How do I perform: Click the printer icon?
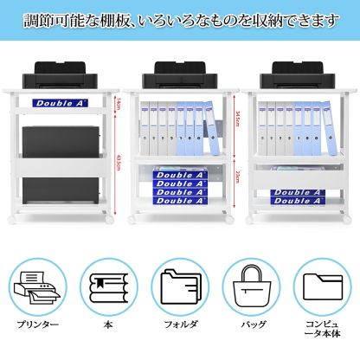37,286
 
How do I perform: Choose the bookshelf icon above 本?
108,286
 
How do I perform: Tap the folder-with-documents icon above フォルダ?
179,286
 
